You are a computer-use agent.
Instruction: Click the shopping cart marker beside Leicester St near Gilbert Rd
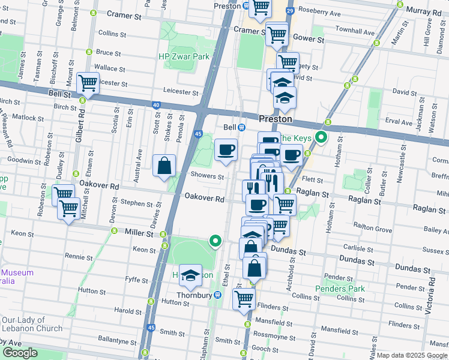click(x=88, y=83)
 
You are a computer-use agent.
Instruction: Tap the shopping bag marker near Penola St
click(x=164, y=166)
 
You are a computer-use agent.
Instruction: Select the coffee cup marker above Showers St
click(x=226, y=149)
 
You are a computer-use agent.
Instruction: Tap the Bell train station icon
click(x=241, y=127)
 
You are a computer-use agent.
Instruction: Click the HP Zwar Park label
click(x=183, y=56)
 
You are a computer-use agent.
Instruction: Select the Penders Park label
click(x=340, y=289)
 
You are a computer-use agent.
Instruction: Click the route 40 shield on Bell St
click(x=156, y=105)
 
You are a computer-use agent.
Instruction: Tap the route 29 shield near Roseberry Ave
click(x=290, y=11)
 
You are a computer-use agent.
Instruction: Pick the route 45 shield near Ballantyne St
click(x=151, y=328)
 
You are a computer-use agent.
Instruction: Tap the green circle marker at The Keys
click(x=321, y=139)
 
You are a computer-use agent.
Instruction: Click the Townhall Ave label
click(x=355, y=29)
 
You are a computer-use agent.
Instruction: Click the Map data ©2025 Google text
click(x=412, y=355)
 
